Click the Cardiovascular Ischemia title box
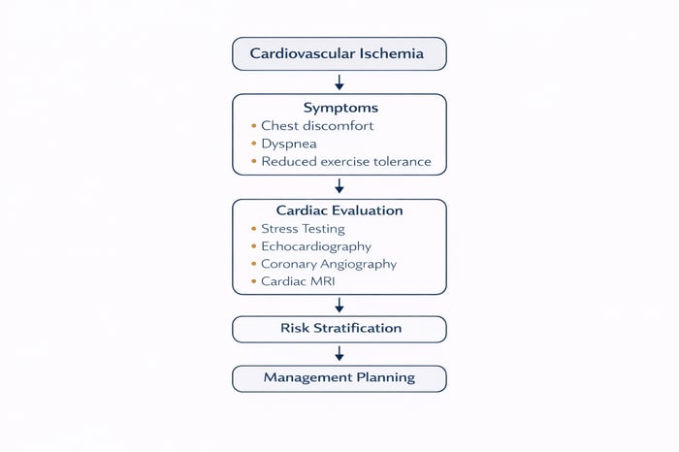pos(339,53)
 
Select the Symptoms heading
pos(339,108)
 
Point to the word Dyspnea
pos(289,144)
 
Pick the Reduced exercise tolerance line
pos(346,162)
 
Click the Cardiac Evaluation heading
pos(339,210)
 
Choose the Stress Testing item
pos(303,229)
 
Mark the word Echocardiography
pos(316,246)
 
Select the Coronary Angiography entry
pos(329,264)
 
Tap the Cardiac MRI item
pos(298,281)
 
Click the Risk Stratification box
pos(339,329)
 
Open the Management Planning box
pos(339,377)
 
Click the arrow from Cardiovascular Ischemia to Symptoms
pos(339,81)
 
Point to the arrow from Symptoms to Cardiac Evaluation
pos(339,186)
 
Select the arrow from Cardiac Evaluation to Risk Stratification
pos(339,305)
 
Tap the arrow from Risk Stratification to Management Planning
pos(339,353)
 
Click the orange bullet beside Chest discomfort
pos(253,126)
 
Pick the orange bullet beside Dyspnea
pos(253,144)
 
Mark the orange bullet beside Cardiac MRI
pos(253,281)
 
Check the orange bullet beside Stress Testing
pos(253,229)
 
